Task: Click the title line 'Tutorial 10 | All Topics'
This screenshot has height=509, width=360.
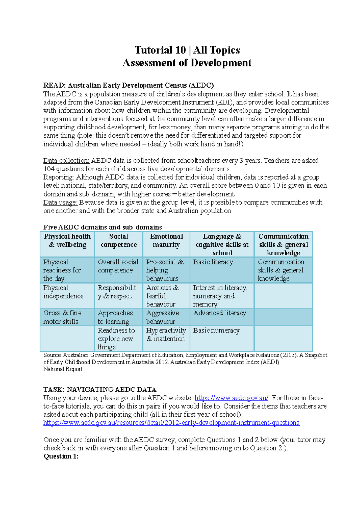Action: click(187, 50)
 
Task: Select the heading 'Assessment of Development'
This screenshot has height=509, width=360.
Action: click(187, 63)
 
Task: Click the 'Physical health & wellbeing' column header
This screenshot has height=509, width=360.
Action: click(67, 240)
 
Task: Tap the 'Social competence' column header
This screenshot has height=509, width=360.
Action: click(118, 240)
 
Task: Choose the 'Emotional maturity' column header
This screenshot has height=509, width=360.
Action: click(166, 240)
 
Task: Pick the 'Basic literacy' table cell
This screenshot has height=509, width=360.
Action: click(213, 262)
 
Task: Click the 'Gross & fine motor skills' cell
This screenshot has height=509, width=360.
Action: click(62, 317)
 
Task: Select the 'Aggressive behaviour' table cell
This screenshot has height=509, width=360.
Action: click(163, 317)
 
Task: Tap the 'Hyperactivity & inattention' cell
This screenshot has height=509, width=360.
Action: click(166, 335)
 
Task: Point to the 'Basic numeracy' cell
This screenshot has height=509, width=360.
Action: click(216, 331)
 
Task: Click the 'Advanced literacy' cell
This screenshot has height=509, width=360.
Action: click(220, 313)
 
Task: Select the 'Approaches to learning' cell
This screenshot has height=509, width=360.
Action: click(115, 317)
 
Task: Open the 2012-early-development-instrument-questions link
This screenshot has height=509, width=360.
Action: click(171, 423)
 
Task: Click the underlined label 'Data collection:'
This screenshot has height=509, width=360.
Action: click(66, 161)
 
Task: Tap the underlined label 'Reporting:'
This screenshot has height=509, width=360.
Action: click(59, 177)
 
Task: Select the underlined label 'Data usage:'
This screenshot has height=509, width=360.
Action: click(60, 202)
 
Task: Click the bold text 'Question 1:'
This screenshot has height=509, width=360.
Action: click(61, 456)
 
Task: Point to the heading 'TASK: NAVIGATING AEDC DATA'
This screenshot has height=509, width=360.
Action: click(100, 390)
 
